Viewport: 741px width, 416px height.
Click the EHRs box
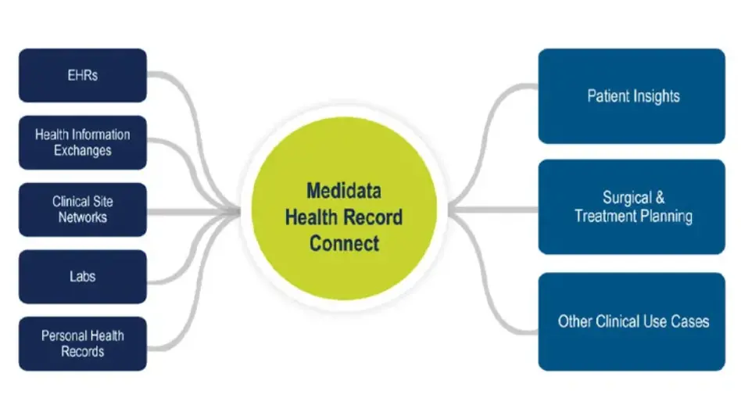tap(83, 76)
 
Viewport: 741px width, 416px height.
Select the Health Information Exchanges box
tap(83, 142)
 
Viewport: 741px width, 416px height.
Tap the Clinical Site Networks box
tap(83, 210)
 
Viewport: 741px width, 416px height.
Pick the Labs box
tap(83, 277)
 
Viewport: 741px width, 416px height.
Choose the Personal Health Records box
tap(83, 343)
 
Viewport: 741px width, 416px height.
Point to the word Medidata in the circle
tap(344, 191)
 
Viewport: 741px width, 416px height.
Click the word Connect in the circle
tap(344, 243)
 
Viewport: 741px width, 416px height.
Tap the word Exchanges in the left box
tap(83, 150)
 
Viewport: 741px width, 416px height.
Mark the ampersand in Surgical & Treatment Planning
tap(660, 199)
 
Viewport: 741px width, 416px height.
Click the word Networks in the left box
tap(83, 217)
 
